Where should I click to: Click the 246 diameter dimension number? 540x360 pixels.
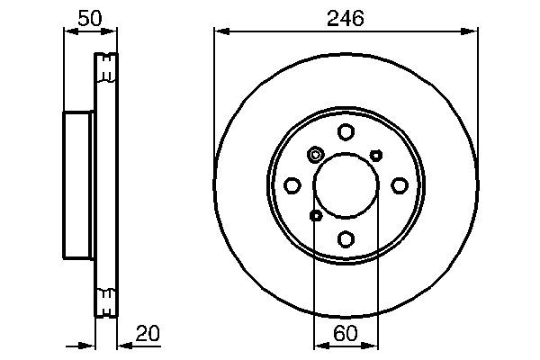tap(346, 19)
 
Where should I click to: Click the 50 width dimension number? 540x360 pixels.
tap(89, 19)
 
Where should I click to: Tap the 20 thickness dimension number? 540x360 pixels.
tap(147, 335)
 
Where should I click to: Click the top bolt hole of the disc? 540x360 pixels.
tap(346, 132)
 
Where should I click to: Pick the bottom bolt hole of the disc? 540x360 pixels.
tap(346, 238)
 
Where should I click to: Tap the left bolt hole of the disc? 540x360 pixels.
tap(292, 185)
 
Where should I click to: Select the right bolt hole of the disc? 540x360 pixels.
tap(399, 185)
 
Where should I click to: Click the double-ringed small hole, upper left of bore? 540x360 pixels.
tap(315, 155)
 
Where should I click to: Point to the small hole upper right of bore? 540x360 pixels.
tap(376, 155)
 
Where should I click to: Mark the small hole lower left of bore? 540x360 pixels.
tap(315, 215)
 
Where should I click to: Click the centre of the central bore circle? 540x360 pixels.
tap(346, 185)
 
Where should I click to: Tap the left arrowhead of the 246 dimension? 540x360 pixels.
tap(219, 31)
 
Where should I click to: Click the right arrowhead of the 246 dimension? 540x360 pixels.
tap(472, 31)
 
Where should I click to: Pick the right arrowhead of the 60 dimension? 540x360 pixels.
tap(373, 344)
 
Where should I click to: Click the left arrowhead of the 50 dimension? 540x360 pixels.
tap(67, 31)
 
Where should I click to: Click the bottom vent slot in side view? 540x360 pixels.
tap(106, 294)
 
